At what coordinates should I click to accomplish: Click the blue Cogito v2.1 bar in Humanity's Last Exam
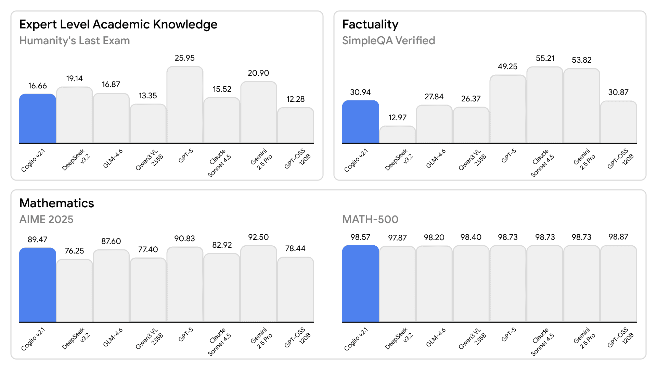click(38, 119)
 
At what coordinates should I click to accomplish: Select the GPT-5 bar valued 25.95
click(185, 105)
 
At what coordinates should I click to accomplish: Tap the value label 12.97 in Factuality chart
click(397, 118)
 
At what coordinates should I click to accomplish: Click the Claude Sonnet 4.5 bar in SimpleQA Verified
click(545, 105)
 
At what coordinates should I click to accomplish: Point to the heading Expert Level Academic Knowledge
click(118, 24)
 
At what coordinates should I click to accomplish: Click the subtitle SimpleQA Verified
click(388, 40)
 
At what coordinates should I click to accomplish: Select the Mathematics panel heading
click(56, 203)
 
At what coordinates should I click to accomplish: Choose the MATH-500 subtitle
click(370, 219)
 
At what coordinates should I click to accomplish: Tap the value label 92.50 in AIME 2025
click(258, 237)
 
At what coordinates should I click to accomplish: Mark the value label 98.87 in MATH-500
click(618, 237)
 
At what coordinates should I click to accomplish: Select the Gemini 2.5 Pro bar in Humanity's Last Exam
click(258, 112)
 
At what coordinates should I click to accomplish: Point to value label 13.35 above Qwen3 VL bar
click(148, 96)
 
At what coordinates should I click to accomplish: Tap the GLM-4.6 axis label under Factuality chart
click(436, 159)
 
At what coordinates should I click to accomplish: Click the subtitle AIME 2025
click(46, 219)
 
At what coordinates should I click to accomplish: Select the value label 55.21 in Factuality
click(545, 58)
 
